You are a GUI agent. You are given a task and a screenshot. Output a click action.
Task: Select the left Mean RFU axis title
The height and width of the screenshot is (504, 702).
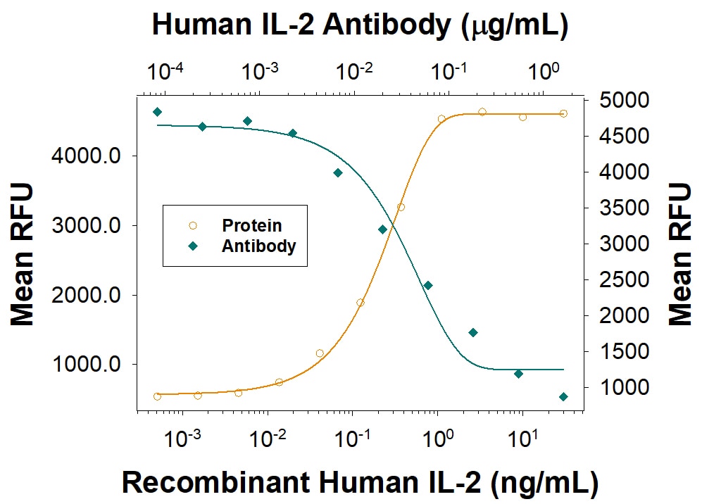[23, 254]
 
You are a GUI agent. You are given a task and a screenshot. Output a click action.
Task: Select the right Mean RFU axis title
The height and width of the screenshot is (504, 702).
[680, 254]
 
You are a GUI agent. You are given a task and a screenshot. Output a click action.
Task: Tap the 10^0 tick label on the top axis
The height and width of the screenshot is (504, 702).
[544, 71]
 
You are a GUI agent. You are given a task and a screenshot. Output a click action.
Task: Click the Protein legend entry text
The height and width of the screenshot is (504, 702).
[251, 226]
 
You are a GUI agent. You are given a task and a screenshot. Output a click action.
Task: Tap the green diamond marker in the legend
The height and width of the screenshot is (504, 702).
[193, 246]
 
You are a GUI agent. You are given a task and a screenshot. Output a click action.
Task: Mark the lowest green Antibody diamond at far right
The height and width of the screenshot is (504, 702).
[563, 397]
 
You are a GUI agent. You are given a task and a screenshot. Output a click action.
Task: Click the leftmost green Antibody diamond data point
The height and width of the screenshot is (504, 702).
[157, 112]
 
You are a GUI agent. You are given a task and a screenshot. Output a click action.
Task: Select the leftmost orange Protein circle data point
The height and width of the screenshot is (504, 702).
[157, 396]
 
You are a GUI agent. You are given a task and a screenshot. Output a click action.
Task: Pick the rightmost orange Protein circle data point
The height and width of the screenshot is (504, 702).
[563, 113]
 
